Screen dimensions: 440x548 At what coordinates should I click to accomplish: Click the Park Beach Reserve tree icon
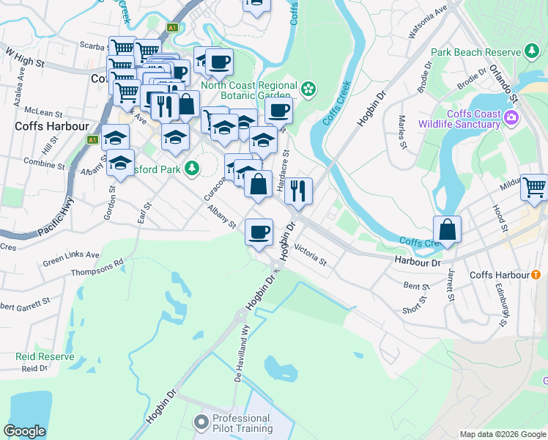[532, 51]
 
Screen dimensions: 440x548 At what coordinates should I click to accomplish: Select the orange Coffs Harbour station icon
[536, 275]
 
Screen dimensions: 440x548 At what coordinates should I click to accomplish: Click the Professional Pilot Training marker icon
[201, 422]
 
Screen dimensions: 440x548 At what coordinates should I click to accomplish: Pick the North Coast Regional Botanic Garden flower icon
[308, 89]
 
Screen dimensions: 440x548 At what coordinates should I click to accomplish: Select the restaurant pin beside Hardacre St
[298, 191]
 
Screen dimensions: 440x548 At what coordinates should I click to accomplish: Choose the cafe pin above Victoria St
[258, 232]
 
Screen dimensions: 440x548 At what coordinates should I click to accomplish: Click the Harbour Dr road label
[416, 262]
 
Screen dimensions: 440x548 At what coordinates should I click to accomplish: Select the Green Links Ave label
[71, 256]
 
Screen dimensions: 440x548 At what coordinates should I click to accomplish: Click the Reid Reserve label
[45, 356]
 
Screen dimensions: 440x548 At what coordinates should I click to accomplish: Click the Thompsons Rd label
[97, 268]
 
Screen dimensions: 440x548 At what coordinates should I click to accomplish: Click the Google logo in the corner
[25, 431]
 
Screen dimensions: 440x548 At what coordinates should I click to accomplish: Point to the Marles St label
[401, 131]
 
